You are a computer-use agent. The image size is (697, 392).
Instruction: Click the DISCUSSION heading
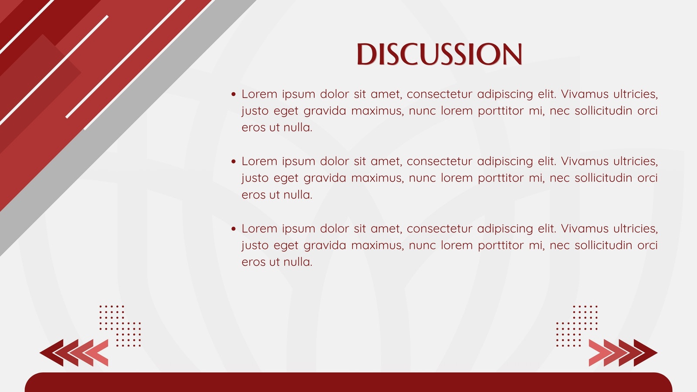pos(439,54)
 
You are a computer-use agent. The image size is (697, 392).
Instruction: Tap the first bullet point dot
pos(233,94)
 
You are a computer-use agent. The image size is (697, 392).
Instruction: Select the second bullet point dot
pos(233,161)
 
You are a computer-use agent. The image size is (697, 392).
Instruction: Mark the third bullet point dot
pos(233,229)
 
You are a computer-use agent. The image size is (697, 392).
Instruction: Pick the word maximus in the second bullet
pos(377,178)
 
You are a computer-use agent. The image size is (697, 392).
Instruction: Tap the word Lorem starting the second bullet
pos(259,161)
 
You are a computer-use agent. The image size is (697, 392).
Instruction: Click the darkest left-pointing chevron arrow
pos(52,353)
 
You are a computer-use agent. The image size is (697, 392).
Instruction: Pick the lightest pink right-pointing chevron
pos(599,353)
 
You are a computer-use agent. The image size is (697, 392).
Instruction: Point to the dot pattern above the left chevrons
pos(120,326)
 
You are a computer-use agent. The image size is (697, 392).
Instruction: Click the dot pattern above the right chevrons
pos(577,326)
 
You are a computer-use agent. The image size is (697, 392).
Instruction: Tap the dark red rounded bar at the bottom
pos(348,382)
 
